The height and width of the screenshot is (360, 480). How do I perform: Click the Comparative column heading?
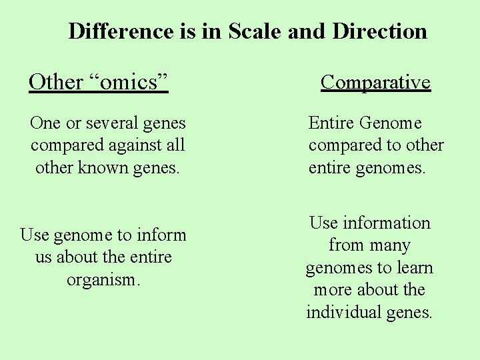point(375,82)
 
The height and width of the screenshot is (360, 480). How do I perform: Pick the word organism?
point(103,279)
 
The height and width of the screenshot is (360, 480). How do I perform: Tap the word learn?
point(415,268)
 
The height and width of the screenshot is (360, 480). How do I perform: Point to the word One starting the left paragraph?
point(45,123)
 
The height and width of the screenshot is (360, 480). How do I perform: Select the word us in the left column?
point(44,257)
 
